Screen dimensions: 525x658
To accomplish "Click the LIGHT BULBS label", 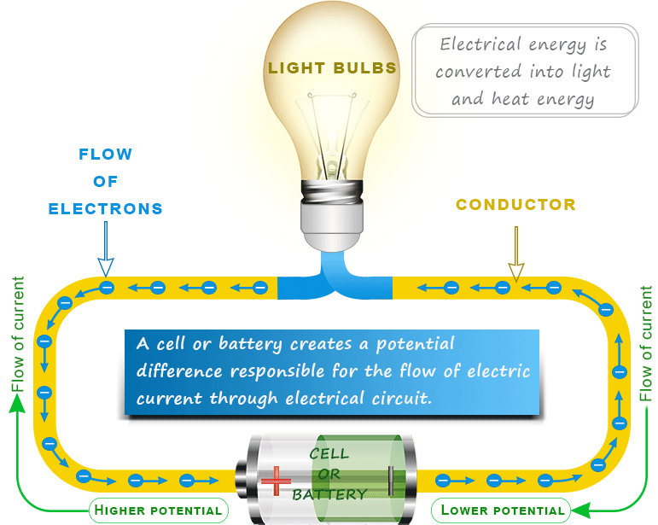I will pyautogui.click(x=332, y=68).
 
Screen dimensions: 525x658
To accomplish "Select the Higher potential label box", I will pyautogui.click(x=159, y=510).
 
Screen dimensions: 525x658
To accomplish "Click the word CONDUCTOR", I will pyautogui.click(x=515, y=205).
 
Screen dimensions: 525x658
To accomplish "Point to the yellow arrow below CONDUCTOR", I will pyautogui.click(x=515, y=256).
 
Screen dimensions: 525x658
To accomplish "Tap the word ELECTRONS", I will pyautogui.click(x=106, y=208).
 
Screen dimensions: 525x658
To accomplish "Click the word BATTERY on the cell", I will pyautogui.click(x=329, y=494).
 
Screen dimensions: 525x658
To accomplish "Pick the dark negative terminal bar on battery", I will pyautogui.click(x=391, y=481).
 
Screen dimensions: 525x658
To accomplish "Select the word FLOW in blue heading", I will pyautogui.click(x=106, y=155).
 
